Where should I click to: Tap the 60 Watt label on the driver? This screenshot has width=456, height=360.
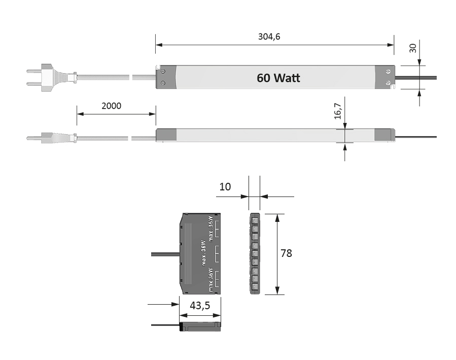(x=278, y=78)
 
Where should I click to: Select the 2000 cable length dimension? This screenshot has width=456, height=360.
(x=111, y=106)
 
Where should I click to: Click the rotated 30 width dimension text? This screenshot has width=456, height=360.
(x=413, y=48)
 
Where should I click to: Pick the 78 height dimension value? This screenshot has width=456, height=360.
(x=286, y=253)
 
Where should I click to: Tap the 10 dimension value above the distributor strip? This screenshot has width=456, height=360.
(x=225, y=186)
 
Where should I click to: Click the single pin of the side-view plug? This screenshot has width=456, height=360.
(x=33, y=137)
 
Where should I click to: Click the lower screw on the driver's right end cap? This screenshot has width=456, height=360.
(x=388, y=82)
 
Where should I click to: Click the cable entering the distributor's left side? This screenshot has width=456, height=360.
(x=165, y=253)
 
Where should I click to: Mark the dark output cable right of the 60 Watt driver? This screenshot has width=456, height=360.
(x=416, y=78)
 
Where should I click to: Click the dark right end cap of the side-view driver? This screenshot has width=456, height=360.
(x=384, y=134)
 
